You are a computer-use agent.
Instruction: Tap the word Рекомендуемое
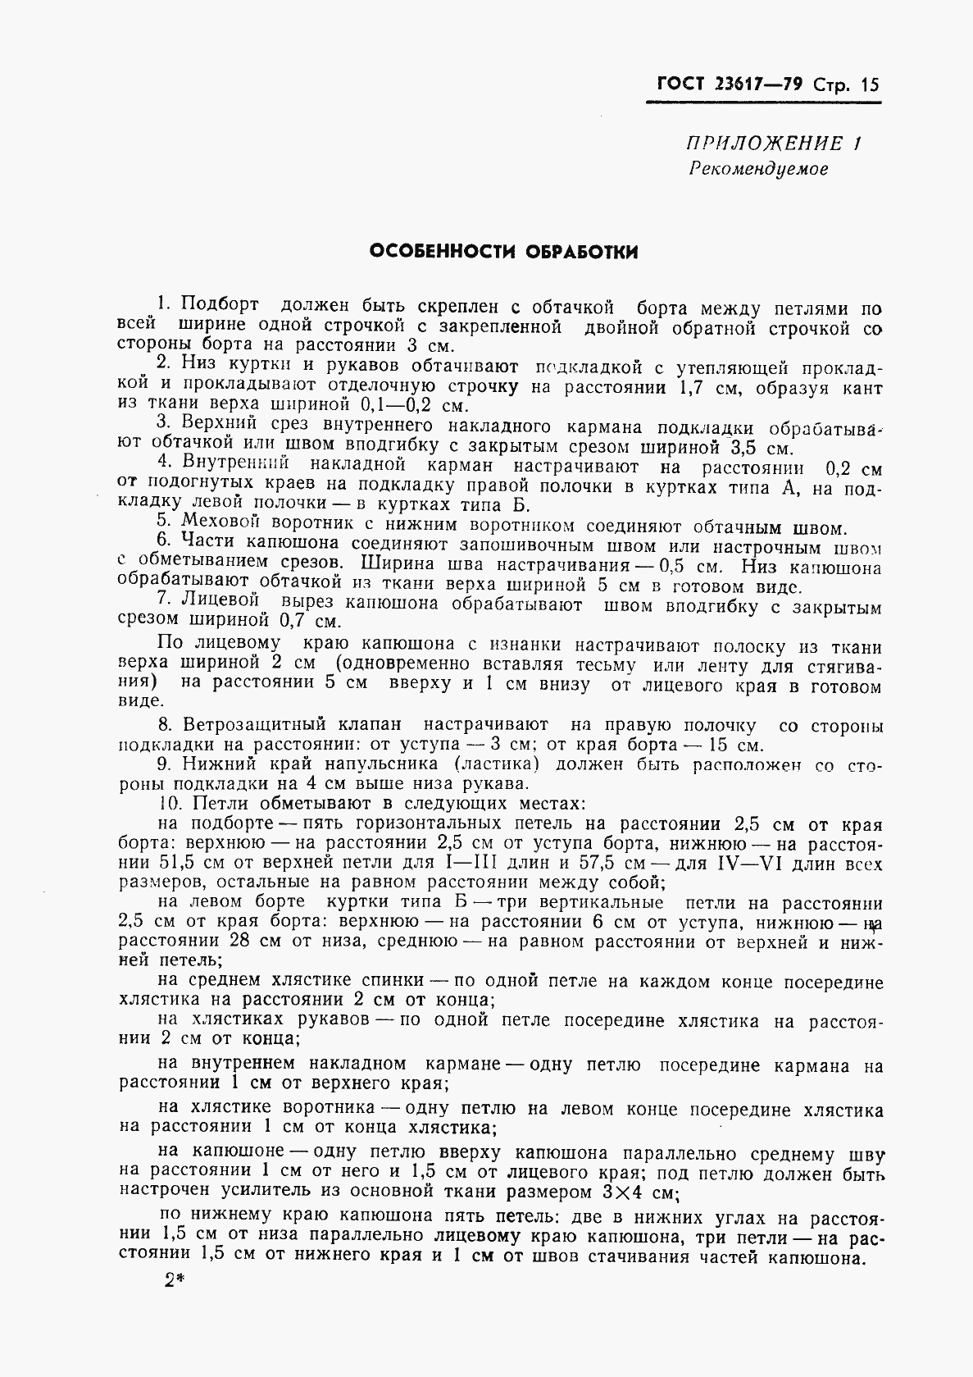[758, 169]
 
